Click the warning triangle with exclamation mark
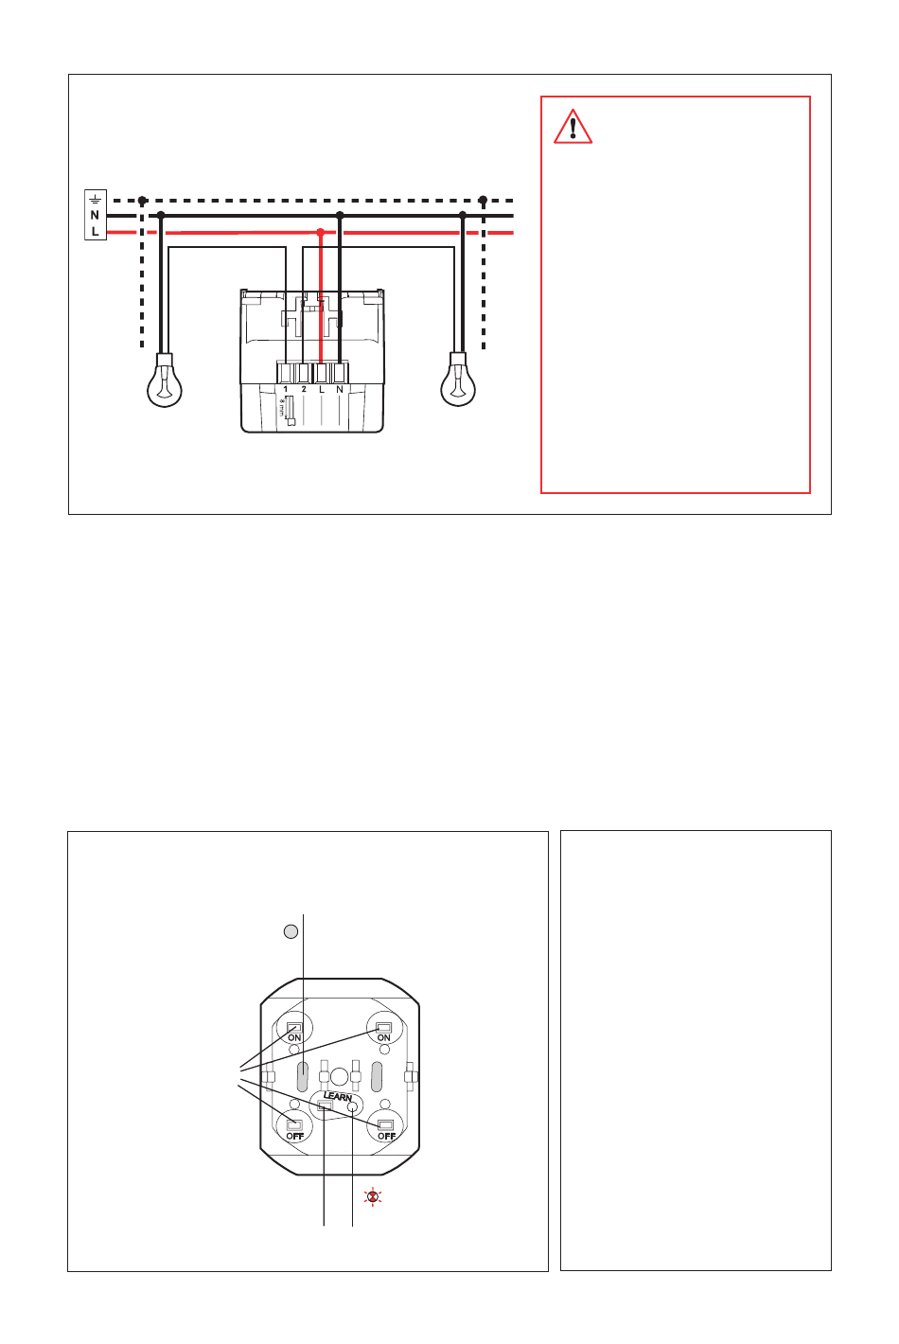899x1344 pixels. click(573, 127)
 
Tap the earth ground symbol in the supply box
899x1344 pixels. click(95, 199)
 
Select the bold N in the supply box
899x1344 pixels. click(95, 215)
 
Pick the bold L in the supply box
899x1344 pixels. click(95, 231)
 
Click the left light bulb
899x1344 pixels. click(165, 380)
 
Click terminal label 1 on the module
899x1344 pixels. click(286, 389)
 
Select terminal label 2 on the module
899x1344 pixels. click(304, 389)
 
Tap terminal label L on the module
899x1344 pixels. click(322, 389)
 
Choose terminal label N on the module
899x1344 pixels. click(340, 389)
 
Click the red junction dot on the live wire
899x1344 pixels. click(321, 232)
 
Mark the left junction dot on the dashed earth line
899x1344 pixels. click(142, 201)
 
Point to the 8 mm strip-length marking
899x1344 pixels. click(282, 409)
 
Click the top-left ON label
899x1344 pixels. click(294, 1037)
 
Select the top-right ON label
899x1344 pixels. click(384, 1037)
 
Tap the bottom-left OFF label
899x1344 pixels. click(295, 1136)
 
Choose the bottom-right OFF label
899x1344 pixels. click(387, 1136)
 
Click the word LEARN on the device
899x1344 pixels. click(338, 1097)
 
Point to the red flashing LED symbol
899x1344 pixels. click(373, 1197)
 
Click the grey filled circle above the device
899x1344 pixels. click(291, 931)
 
